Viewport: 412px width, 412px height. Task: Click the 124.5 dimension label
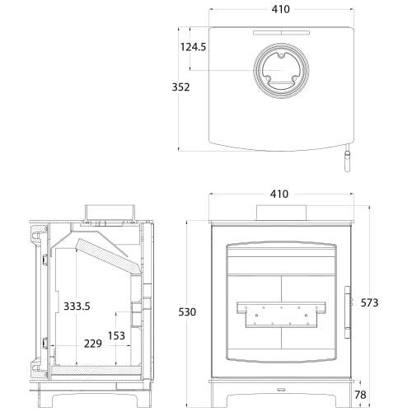pos(193,47)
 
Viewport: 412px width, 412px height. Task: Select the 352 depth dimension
pos(181,87)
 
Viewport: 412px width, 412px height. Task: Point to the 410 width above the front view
pos(279,194)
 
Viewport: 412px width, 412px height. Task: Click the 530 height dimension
pos(188,311)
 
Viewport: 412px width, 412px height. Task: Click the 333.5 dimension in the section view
pos(77,306)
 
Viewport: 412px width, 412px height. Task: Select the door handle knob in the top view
pos(347,162)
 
